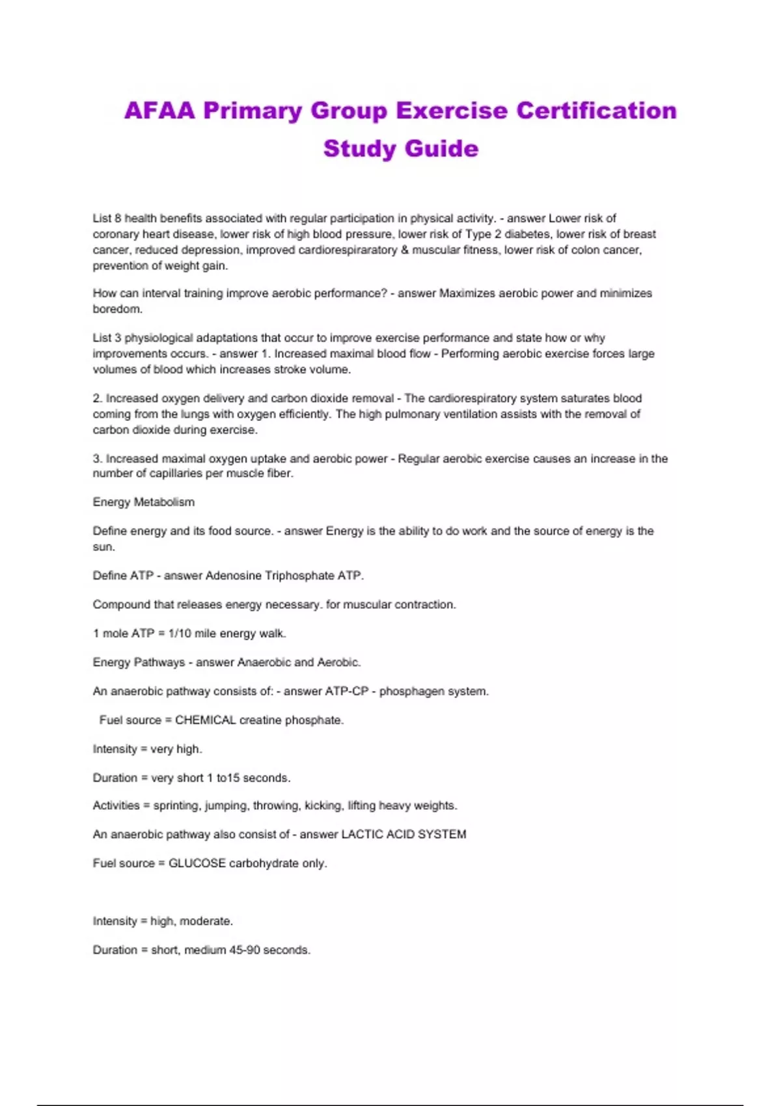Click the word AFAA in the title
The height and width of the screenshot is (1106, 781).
click(160, 111)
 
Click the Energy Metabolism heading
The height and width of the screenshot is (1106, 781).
click(144, 502)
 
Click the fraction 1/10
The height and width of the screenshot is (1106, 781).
click(180, 634)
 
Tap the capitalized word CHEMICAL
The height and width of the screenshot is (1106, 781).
click(205, 720)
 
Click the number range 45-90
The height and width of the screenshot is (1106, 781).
click(244, 950)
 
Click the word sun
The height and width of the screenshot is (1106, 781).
click(103, 547)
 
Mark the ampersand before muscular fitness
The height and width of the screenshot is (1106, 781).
click(405, 250)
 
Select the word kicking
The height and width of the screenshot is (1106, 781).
click(323, 805)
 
